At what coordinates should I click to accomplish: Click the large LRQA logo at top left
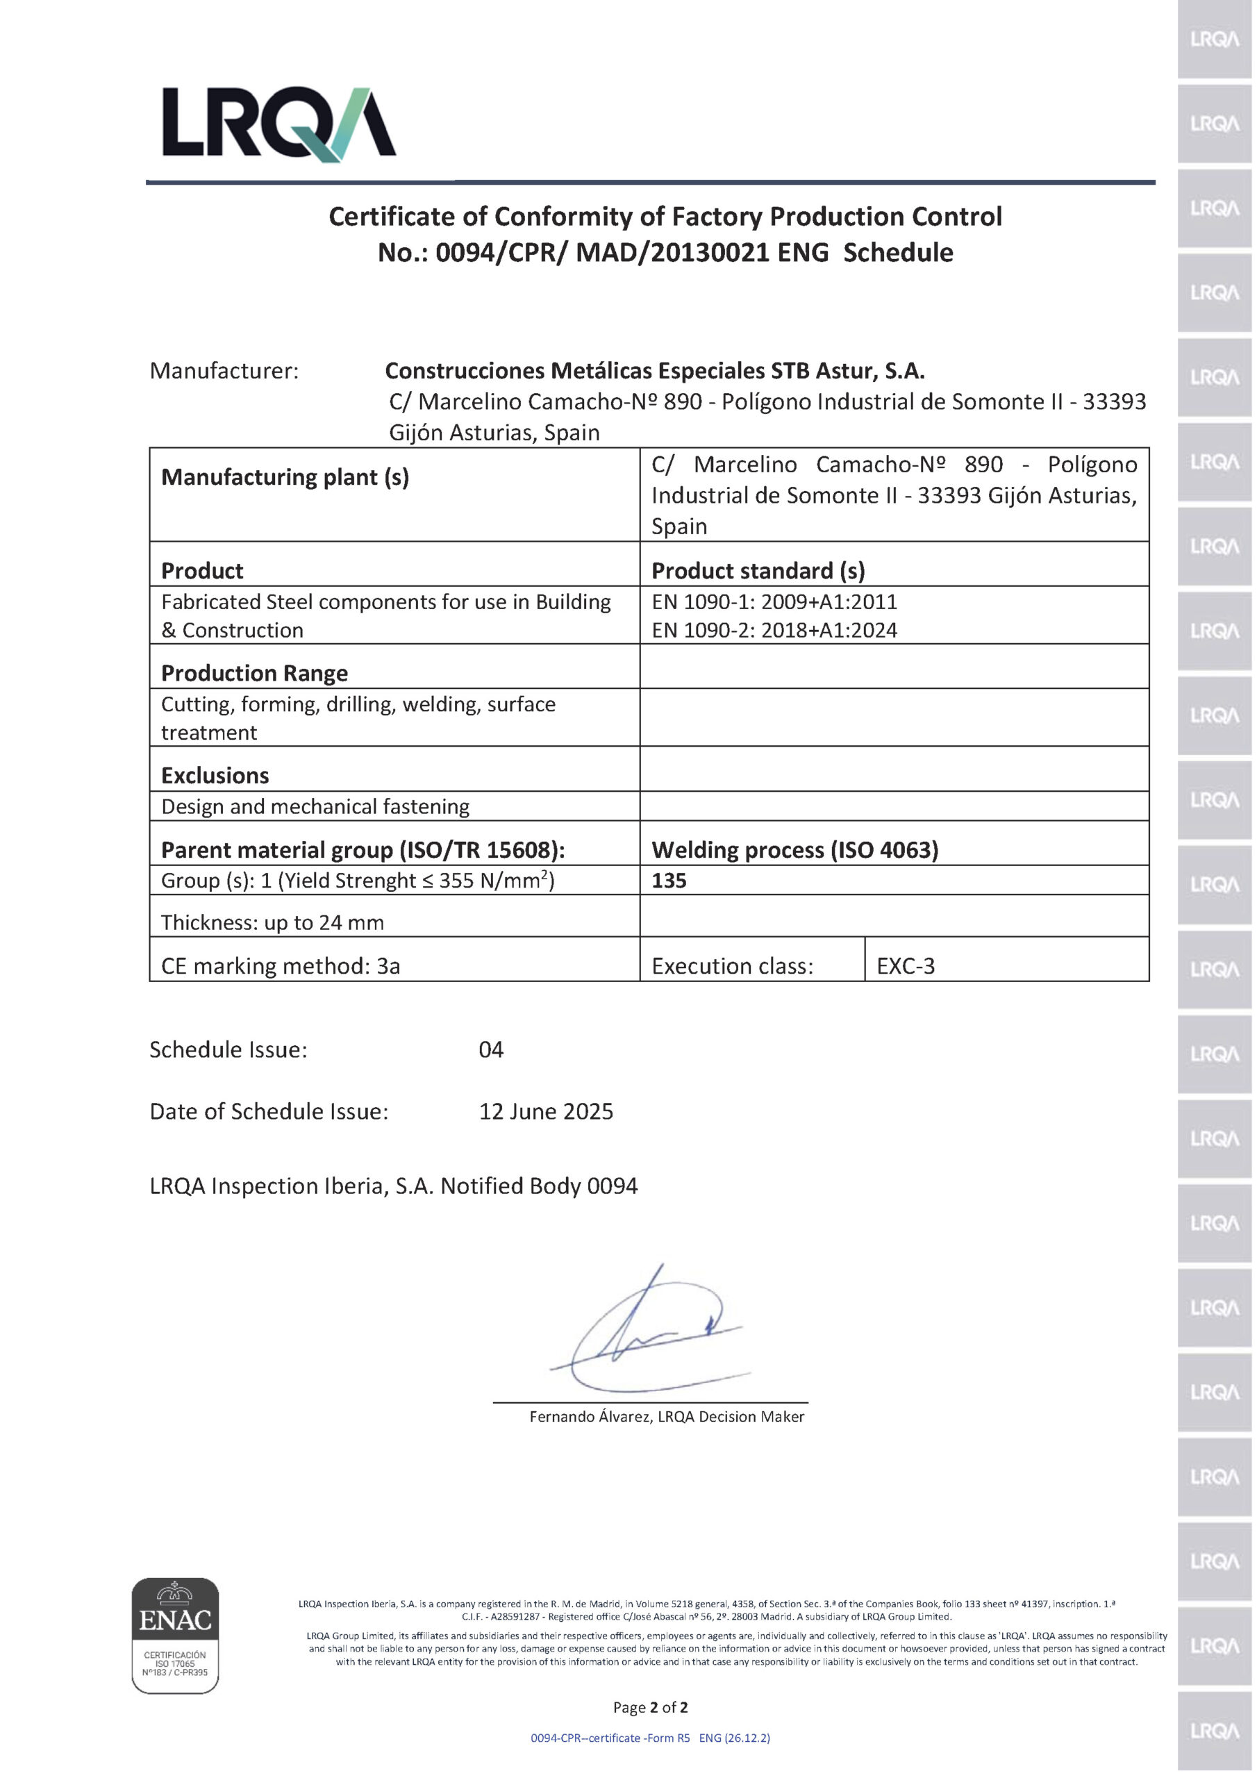(x=278, y=123)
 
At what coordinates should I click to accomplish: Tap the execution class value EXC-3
(x=906, y=965)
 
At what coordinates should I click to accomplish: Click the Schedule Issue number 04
(x=491, y=1049)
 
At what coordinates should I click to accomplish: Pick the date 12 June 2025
(x=545, y=1111)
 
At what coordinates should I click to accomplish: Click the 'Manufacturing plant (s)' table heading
(x=284, y=477)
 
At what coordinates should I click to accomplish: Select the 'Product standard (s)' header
(x=758, y=571)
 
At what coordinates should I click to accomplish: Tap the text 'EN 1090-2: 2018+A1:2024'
(x=774, y=631)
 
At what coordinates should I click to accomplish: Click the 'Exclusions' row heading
(x=215, y=775)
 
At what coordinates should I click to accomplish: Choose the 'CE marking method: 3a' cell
(x=281, y=965)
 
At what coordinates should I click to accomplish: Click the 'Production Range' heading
(x=254, y=673)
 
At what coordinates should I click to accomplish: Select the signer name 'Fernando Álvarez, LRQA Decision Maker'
(x=666, y=1416)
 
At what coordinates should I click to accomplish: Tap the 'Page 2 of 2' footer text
(x=650, y=1706)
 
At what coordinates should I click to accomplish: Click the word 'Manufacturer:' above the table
(x=224, y=371)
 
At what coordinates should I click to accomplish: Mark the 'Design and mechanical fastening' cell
(x=315, y=806)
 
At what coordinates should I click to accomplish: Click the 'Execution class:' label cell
(x=732, y=965)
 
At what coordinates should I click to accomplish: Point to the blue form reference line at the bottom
(x=650, y=1738)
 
